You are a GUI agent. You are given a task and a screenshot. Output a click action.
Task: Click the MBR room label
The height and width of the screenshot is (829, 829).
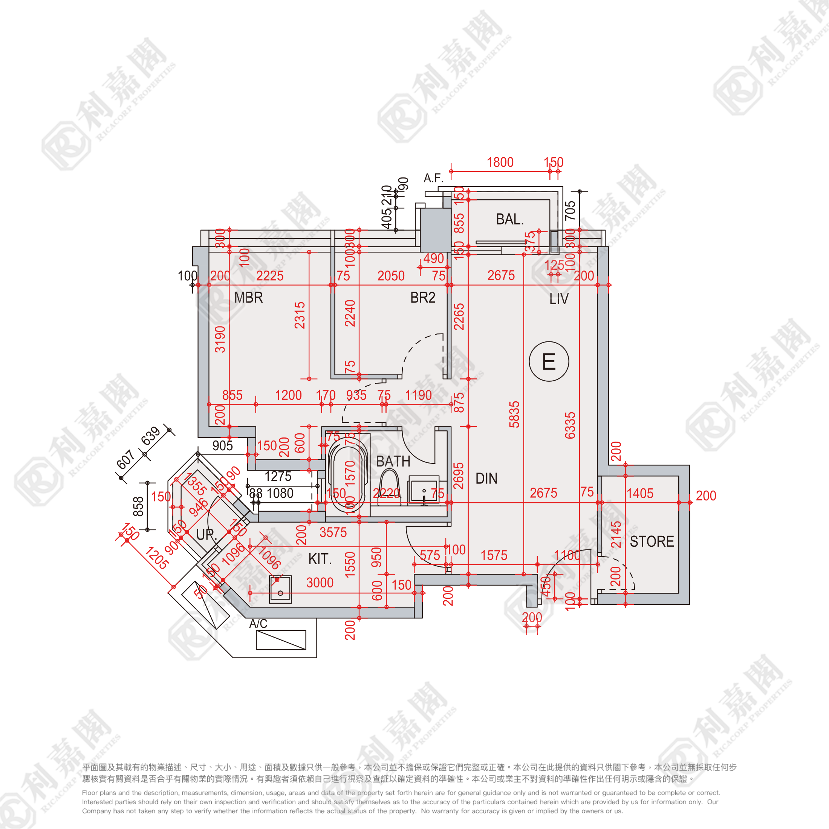248,297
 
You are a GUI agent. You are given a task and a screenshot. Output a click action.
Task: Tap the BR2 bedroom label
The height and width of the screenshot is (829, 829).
423,297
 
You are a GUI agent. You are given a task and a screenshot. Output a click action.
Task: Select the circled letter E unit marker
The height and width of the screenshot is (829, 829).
549,361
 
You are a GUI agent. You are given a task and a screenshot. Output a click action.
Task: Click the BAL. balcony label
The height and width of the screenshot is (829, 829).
510,219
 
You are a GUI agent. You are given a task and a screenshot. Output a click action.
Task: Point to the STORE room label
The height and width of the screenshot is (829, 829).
652,541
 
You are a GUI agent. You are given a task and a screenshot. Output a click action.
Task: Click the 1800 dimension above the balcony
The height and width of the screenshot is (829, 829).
500,163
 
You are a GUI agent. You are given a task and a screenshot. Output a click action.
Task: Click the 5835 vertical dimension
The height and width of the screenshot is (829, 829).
514,414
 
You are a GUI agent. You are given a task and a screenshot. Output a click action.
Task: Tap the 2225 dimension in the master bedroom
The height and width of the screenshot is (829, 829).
270,276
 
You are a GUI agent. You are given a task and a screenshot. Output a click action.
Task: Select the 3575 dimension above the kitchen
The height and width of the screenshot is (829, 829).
333,532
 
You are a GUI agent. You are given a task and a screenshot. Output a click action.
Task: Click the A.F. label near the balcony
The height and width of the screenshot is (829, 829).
433,178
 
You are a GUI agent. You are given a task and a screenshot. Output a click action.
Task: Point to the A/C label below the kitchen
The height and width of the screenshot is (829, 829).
258,624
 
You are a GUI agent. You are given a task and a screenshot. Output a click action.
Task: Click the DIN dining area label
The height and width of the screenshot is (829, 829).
486,479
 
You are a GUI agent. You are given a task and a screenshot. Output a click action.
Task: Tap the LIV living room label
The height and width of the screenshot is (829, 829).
559,299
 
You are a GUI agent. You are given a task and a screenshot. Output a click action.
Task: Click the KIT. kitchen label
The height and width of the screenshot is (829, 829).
320,559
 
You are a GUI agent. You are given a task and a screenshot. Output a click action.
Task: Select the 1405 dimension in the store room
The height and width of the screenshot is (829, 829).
640,494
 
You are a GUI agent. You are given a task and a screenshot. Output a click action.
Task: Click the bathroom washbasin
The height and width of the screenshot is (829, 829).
424,489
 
